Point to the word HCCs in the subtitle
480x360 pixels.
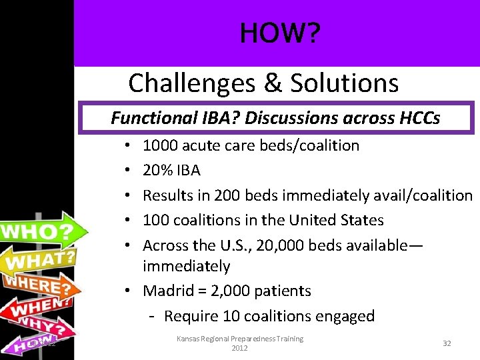pos(419,118)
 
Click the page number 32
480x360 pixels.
pos(447,343)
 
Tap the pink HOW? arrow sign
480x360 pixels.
pos(33,344)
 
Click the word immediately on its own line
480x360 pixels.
pos(186,267)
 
